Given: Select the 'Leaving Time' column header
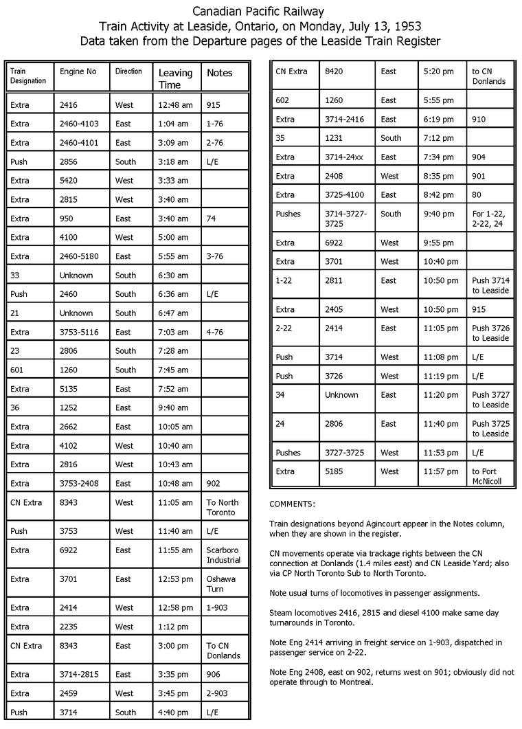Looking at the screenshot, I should click(176, 78).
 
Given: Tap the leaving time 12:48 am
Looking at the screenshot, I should click(171, 105).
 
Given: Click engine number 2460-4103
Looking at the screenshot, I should click(82, 124).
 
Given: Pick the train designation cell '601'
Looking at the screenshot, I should click(19, 370).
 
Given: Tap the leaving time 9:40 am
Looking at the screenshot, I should click(170, 407).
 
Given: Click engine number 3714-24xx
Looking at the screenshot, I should click(344, 157).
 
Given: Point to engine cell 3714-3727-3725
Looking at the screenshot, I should click(345, 218).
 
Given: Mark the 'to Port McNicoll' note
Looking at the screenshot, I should click(488, 476).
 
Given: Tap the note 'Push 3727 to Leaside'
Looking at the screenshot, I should click(490, 400).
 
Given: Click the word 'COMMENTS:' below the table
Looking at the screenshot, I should click(293, 503).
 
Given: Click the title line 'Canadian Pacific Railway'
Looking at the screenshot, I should click(258, 12).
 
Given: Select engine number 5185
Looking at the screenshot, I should click(334, 471).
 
